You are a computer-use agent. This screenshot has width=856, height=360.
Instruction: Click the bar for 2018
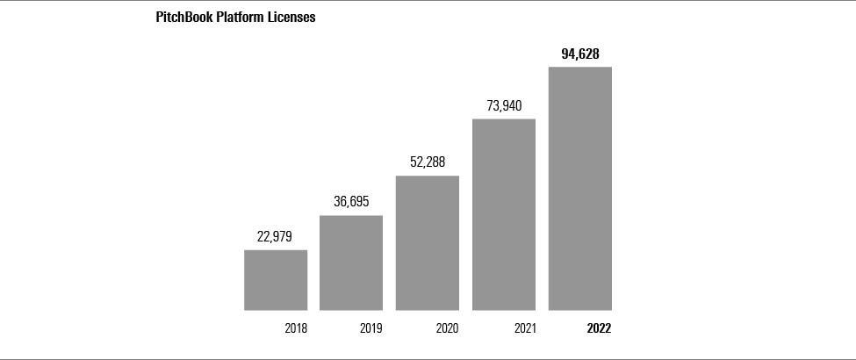pos(276,280)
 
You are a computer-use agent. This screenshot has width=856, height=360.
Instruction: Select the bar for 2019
pos(351,263)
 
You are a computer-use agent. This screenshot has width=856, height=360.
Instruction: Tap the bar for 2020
pos(428,243)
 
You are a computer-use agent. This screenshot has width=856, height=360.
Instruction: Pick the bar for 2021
pos(504,215)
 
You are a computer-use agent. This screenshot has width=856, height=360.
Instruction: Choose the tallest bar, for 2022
pos(580,189)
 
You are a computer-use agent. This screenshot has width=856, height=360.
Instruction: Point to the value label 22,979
pos(275,236)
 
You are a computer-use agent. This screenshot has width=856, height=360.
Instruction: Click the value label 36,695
pos(351,202)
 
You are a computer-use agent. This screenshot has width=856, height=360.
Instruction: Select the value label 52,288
pos(428,162)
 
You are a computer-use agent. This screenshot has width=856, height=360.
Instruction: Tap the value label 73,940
pos(504,105)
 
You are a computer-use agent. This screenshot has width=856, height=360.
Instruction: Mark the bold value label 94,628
pos(580,54)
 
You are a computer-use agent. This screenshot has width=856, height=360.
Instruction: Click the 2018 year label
pos(296,329)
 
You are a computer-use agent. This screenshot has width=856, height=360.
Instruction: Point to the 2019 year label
pos(371,329)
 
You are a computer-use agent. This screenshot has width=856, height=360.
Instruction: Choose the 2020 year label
pos(448,329)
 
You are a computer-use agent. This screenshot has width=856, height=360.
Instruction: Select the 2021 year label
pos(525,329)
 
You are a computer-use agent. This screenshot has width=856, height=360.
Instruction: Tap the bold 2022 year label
pos(600,329)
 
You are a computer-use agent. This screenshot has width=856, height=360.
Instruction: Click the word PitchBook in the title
pos(183,18)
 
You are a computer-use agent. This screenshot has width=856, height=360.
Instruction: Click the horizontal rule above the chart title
pos(428,1)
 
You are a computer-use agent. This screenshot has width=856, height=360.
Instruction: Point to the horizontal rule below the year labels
pos(428,359)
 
